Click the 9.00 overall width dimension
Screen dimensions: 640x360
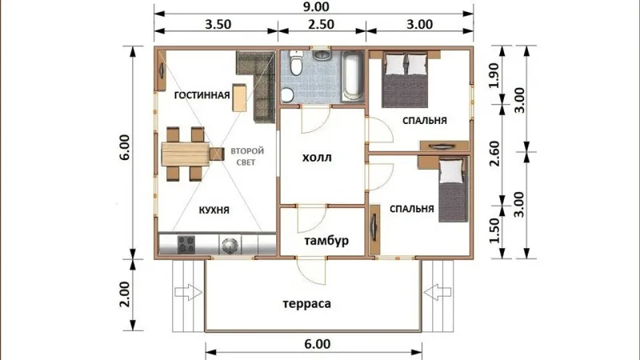tap(317, 7)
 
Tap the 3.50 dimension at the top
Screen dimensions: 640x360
tap(218, 25)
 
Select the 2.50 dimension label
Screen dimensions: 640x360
tap(321, 25)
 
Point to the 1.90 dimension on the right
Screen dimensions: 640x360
tap(494, 75)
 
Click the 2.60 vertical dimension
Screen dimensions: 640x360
tap(494, 154)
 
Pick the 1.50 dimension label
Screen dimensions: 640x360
tap(494, 230)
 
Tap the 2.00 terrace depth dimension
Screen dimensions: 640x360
tap(125, 294)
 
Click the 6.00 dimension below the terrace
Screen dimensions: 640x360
tap(317, 344)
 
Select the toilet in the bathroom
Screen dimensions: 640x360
tap(295, 63)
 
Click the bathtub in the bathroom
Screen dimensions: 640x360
tap(353, 75)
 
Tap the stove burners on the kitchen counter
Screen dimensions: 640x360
tap(186, 245)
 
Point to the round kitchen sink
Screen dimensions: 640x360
tap(230, 245)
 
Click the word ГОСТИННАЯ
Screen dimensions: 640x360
tap(202, 95)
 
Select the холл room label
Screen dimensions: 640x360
tap(317, 158)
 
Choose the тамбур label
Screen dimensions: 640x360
tap(326, 241)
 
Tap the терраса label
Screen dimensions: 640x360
tap(306, 304)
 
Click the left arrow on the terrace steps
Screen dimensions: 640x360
tap(189, 292)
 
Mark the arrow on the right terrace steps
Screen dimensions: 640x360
tap(437, 292)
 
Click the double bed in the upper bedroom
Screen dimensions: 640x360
tap(405, 79)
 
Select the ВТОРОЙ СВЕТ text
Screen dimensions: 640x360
tap(247, 157)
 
